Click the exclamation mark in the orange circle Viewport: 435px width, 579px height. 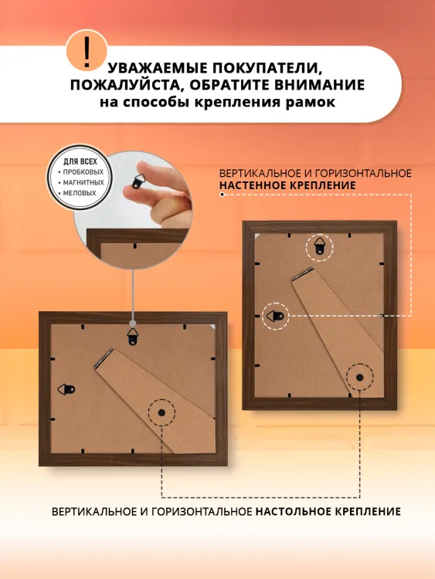(87, 50)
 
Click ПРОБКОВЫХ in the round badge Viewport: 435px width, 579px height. (83, 172)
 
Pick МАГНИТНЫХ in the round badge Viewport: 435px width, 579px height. (83, 182)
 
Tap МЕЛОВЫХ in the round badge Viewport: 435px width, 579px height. (80, 193)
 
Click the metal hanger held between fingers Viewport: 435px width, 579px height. (139, 181)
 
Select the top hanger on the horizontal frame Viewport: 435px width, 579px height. (133, 337)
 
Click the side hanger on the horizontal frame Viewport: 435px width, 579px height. (66, 389)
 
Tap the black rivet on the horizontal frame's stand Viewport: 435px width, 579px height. (161, 412)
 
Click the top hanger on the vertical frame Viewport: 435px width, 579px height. (319, 247)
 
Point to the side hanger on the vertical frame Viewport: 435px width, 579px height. (275, 316)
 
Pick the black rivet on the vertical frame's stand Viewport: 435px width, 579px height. (359, 378)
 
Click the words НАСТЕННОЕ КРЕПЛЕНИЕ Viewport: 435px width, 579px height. (287, 185)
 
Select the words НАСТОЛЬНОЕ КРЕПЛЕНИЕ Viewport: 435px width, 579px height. (328, 512)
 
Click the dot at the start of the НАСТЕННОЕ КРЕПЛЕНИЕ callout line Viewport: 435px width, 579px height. (222, 195)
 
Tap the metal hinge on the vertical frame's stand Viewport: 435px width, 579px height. (302, 273)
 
